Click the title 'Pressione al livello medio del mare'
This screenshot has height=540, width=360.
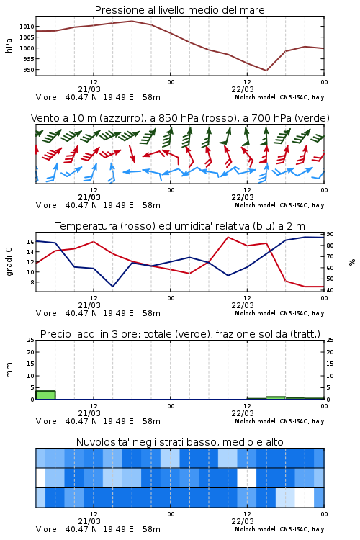click(x=179, y=10)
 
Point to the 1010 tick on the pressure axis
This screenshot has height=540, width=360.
click(x=27, y=27)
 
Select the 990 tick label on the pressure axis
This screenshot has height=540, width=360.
click(x=29, y=70)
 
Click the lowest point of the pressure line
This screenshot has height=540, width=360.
click(x=266, y=71)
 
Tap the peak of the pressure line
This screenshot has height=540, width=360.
click(x=132, y=21)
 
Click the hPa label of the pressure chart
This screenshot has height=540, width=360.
click(x=9, y=45)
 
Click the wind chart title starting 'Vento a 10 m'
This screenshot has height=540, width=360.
click(x=180, y=118)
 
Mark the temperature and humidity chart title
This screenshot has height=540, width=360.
click(x=180, y=226)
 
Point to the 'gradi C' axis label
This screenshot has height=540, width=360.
click(x=9, y=262)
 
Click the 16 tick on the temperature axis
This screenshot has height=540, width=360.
click(x=31, y=242)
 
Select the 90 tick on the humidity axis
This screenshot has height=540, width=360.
click(x=330, y=234)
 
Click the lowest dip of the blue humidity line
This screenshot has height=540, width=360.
click(x=112, y=287)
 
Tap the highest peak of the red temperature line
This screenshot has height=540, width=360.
click(x=228, y=237)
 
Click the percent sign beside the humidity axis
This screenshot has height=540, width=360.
click(x=352, y=262)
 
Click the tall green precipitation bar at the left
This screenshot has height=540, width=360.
click(x=45, y=395)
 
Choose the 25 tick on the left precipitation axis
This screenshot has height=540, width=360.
click(x=31, y=340)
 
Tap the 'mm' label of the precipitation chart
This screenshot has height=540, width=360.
click(x=9, y=370)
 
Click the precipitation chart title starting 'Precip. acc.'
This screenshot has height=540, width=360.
click(x=180, y=334)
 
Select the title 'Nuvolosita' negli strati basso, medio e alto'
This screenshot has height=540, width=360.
click(x=179, y=442)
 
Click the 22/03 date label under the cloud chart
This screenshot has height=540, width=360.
click(x=243, y=521)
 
